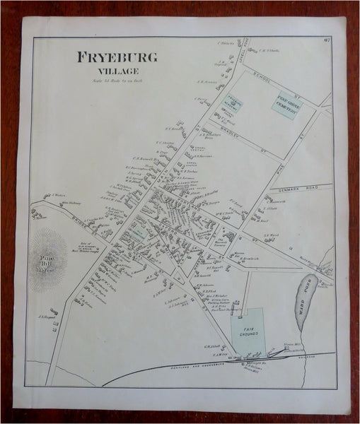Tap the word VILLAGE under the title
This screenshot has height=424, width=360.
(x=119, y=71)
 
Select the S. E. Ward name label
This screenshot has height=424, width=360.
(x=272, y=236)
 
